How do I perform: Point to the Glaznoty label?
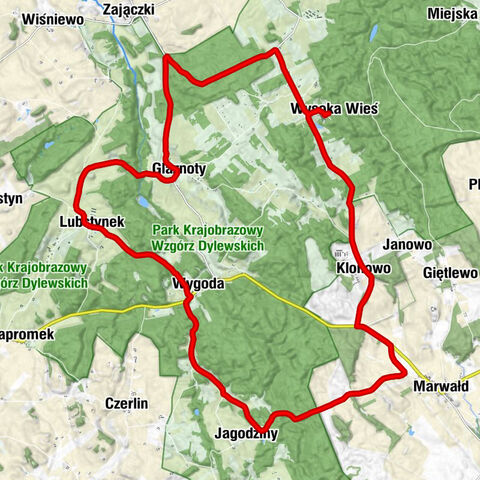180,169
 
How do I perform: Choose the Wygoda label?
197,283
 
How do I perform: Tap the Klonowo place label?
361,270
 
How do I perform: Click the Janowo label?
407,244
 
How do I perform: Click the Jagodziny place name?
245,434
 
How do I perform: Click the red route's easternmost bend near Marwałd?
405,373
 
